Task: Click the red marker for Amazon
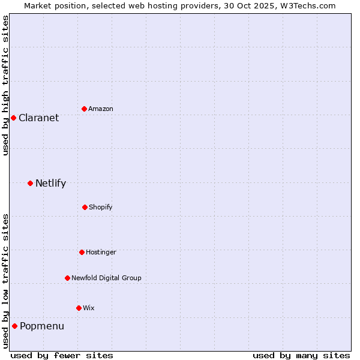84,109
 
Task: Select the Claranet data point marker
13,118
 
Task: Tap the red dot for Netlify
30,183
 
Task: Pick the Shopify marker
85,207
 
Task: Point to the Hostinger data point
82,252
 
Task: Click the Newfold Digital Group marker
67,278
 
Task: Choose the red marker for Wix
79,308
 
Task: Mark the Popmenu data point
14,326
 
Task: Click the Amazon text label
101,109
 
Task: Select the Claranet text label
38,118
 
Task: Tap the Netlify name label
50,183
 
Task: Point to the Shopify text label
101,207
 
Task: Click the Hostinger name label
101,252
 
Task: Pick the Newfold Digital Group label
106,278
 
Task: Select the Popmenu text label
42,326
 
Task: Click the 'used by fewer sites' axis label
62,355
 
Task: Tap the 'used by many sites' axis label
301,355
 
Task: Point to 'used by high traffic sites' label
5,85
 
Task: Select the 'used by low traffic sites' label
5,281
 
